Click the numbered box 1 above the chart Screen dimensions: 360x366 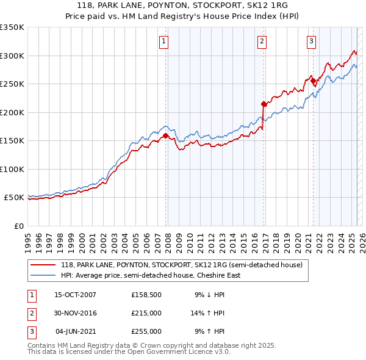pos(165,41)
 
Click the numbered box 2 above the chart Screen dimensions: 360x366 pos(262,41)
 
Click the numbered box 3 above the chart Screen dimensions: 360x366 pos(311,41)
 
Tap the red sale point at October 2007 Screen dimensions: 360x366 pos(165,136)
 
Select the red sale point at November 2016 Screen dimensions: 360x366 pos(264,104)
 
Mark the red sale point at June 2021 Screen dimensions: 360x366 pos(313,81)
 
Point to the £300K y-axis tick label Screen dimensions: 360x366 pos(12,56)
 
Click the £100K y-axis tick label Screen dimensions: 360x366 pos(12,169)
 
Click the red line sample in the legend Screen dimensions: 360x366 pos(43,265)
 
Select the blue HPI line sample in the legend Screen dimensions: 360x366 pos(43,275)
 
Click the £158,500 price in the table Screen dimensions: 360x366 pos(146,295)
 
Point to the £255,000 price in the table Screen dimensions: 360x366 pos(146,331)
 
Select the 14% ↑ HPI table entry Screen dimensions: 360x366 pos(208,313)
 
